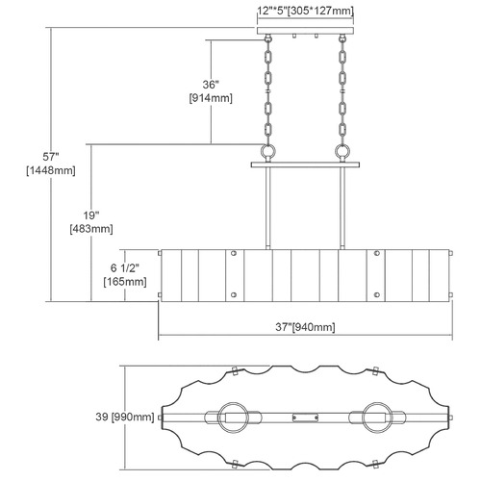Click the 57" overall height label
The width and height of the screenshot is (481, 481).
tap(51, 157)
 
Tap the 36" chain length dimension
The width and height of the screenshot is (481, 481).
tap(211, 85)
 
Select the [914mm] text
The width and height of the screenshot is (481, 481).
tap(211, 98)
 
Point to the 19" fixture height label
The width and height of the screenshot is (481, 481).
tap(91, 215)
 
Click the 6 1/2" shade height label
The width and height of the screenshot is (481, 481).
tap(125, 268)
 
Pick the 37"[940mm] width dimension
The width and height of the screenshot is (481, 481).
tap(305, 327)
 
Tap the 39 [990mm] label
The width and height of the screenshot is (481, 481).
tap(125, 417)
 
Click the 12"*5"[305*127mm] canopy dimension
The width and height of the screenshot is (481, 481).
tap(305, 11)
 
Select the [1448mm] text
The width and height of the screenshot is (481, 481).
tap(51, 170)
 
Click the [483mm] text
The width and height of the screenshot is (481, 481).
tap(91, 229)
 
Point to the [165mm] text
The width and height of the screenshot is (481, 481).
tap(125, 282)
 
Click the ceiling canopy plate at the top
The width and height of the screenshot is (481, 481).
tap(305, 31)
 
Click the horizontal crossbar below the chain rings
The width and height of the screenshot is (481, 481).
tap(305, 165)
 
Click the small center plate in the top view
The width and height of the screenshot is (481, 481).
tap(305, 418)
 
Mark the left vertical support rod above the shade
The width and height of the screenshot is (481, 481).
tap(268, 208)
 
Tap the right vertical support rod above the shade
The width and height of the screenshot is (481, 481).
tap(342, 208)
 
